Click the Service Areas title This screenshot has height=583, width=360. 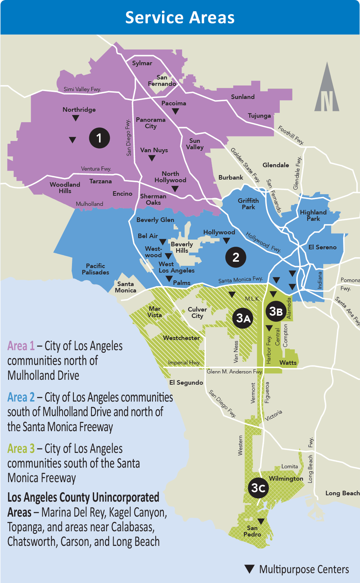click(180, 18)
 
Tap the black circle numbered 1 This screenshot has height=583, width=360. click(99, 138)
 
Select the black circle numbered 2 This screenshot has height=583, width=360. click(235, 257)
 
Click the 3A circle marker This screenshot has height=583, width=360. click(243, 318)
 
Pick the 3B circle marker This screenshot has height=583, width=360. click(276, 311)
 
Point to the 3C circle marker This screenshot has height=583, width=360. click(258, 488)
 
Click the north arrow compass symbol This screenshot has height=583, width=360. click(327, 88)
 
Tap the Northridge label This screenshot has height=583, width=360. click(79, 109)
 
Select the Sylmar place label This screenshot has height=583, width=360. click(142, 63)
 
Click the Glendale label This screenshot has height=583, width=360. click(276, 165)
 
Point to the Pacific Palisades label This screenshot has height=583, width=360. click(96, 269)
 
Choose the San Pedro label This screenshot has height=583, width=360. click(252, 531)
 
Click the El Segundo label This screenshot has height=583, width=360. click(186, 382)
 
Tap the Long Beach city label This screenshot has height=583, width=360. click(342, 493)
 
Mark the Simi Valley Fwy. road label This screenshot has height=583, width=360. click(82, 89)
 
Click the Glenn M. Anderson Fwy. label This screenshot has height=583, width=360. click(234, 372)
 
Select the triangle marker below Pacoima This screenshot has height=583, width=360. click(175, 111)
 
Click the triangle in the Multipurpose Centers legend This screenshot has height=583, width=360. click(249, 569)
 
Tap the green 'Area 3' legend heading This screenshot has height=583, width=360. click(21, 448)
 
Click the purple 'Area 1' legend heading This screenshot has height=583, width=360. click(21, 346)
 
